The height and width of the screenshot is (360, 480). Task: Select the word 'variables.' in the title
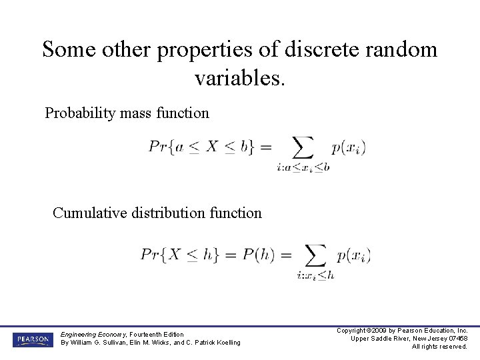pyautogui.click(x=239, y=78)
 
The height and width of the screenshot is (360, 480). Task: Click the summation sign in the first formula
pyautogui.click(x=303, y=148)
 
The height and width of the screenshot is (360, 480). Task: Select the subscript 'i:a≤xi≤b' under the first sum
pyautogui.click(x=303, y=168)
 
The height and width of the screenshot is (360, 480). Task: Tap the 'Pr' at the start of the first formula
pyautogui.click(x=157, y=147)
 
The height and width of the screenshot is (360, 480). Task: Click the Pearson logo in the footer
pyautogui.click(x=31, y=339)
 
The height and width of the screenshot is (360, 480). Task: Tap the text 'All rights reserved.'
pyautogui.click(x=439, y=347)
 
